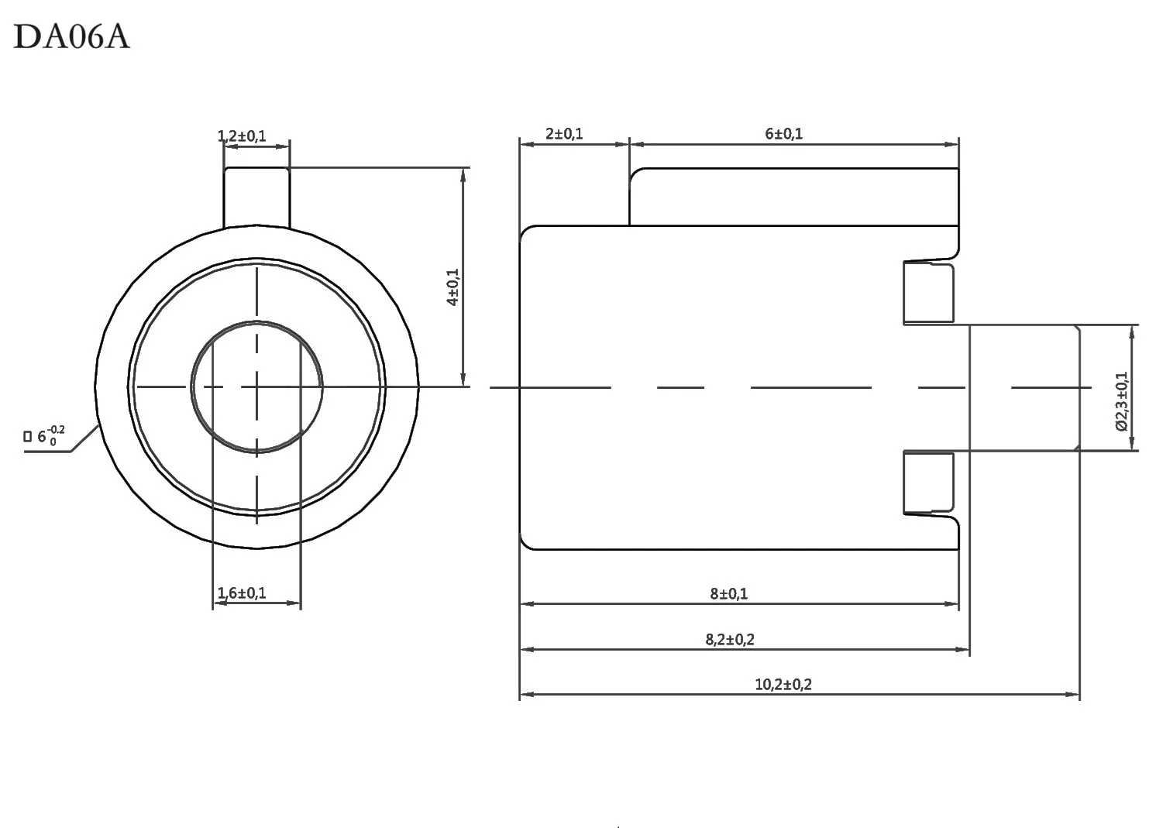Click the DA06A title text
point(71,36)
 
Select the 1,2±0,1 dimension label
point(242,136)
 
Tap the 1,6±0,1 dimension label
point(242,593)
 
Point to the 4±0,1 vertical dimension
point(453,287)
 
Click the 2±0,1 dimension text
point(564,134)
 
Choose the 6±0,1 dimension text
point(784,134)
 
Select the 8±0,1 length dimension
point(729,594)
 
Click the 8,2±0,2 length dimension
point(730,640)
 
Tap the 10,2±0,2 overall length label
point(783,685)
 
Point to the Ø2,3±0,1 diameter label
point(1121,400)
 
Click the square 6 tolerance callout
point(46,436)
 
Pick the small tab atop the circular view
point(256,198)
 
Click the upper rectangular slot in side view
point(928,293)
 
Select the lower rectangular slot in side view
point(928,483)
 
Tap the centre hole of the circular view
point(256,387)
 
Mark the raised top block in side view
point(793,197)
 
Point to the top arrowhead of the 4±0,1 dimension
point(463,174)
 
